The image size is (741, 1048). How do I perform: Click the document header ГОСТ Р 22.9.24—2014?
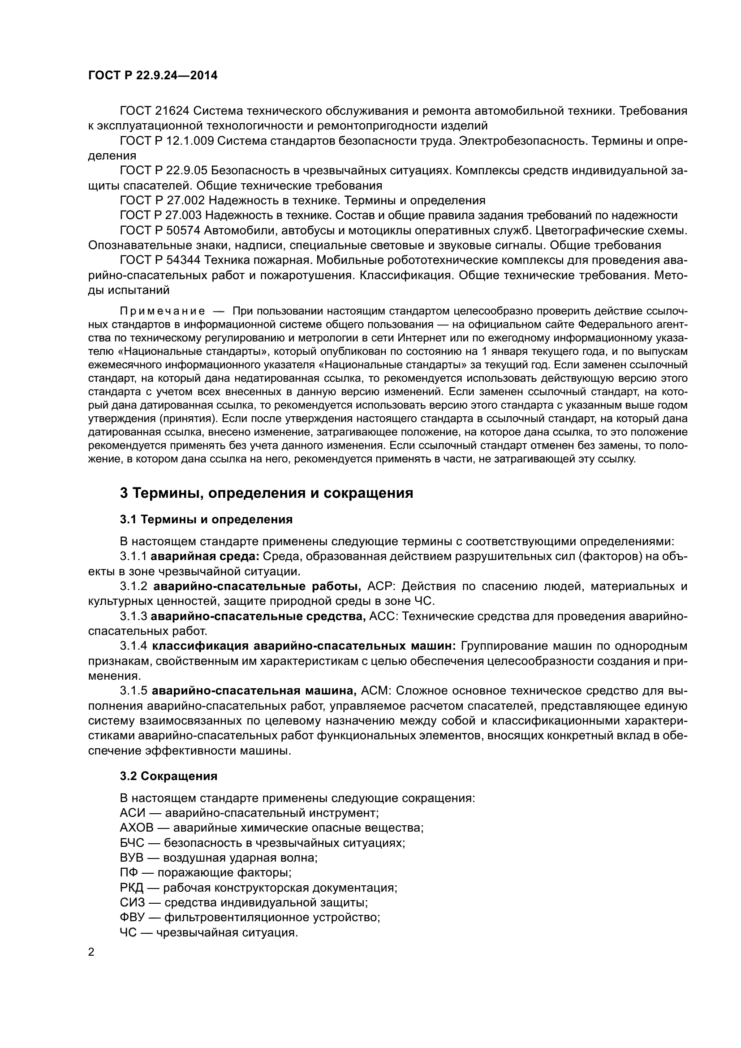pos(152,75)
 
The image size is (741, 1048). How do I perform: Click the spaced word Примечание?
pos(162,311)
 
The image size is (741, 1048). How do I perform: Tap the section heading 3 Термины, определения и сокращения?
pos(266,493)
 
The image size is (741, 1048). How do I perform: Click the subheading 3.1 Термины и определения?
pos(206,519)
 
